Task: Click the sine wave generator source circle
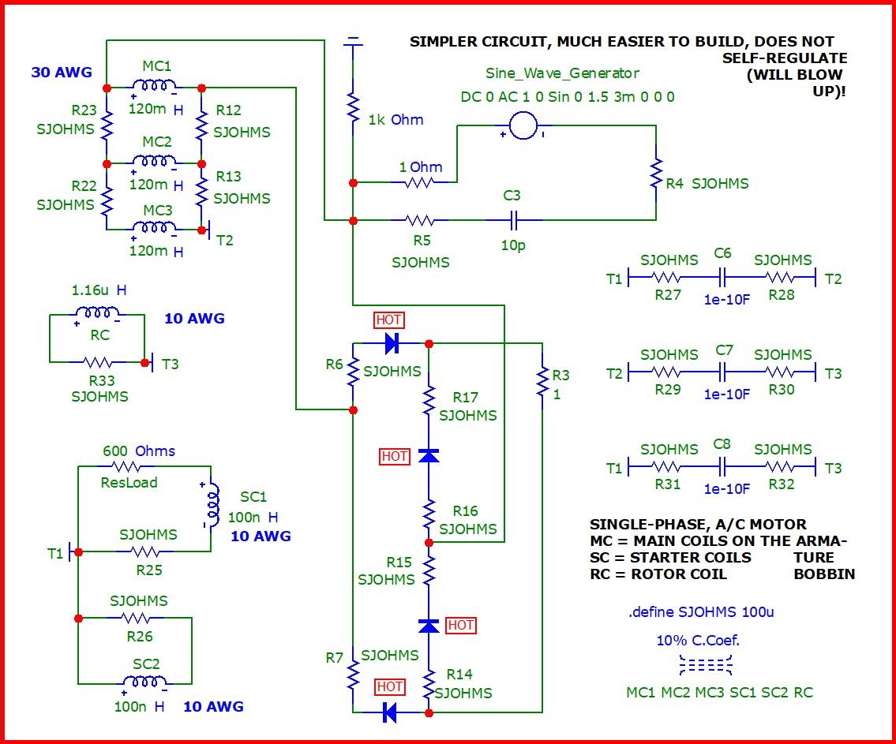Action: click(522, 125)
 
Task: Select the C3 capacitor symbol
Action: click(513, 219)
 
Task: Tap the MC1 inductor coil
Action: click(154, 86)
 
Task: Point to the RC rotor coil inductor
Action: click(96, 314)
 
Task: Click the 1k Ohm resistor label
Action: click(396, 120)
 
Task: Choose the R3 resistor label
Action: click(560, 376)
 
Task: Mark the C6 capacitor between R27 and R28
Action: click(722, 278)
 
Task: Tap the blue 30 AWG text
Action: click(62, 73)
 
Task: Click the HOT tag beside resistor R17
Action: click(395, 456)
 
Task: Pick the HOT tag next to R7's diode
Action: click(390, 686)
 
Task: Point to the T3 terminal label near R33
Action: click(170, 364)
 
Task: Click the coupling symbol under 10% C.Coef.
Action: click(706, 666)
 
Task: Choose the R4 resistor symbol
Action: click(655, 175)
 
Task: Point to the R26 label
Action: click(139, 636)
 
